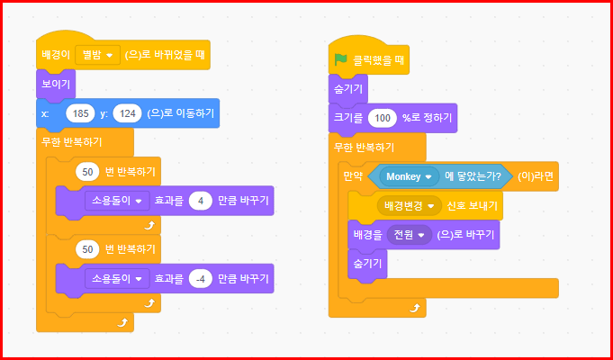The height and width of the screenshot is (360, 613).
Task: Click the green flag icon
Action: click(341, 60)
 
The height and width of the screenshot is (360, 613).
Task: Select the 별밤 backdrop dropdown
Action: click(99, 56)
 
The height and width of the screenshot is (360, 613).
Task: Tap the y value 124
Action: click(129, 113)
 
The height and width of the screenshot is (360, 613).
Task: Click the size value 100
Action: click(383, 118)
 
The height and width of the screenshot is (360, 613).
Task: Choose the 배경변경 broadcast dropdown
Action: click(409, 206)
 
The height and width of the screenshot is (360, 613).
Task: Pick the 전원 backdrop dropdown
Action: click(410, 235)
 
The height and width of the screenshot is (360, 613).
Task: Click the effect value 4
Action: click(201, 201)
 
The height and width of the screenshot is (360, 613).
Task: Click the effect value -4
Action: click(201, 277)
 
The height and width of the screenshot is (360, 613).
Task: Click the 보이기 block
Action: click(55, 85)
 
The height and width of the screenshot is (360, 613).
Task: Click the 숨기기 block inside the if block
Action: click(365, 264)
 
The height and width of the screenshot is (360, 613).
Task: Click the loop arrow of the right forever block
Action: click(414, 308)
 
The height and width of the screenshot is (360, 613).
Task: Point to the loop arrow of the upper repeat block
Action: click(149, 222)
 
